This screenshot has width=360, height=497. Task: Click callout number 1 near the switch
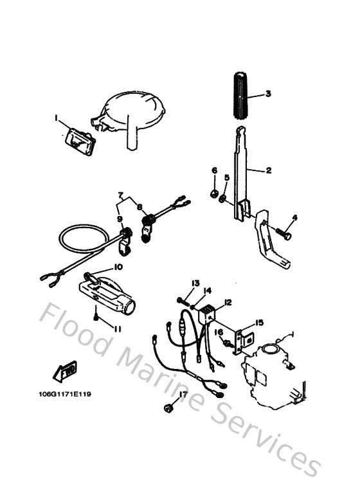point(56,118)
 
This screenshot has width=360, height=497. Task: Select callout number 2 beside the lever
point(269,170)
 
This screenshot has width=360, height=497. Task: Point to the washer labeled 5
point(222,201)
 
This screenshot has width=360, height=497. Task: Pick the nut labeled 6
point(214,192)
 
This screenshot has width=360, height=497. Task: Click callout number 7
point(120,194)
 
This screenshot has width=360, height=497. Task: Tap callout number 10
point(118,266)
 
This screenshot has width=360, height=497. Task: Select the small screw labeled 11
point(96,317)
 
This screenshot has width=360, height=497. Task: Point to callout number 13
point(195,282)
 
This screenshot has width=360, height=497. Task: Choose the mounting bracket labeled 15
point(240,339)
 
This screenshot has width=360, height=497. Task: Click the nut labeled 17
point(168,407)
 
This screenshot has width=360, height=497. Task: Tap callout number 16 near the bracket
point(219,332)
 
